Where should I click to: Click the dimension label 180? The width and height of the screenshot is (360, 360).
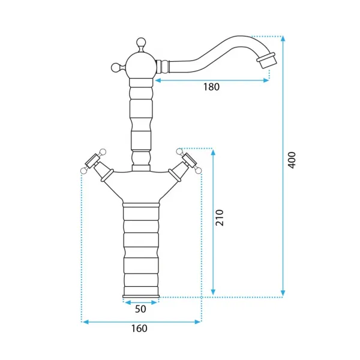pyautogui.click(x=211, y=87)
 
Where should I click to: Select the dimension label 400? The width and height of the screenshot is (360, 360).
pyautogui.click(x=292, y=160)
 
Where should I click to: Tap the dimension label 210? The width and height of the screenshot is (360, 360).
pyautogui.click(x=220, y=217)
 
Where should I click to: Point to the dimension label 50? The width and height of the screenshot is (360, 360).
pyautogui.click(x=140, y=309)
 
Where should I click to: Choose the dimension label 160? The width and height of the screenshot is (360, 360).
pyautogui.click(x=139, y=328)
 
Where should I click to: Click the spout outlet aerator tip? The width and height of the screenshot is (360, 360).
pyautogui.click(x=266, y=60)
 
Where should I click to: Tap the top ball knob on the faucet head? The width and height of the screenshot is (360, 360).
pyautogui.click(x=141, y=43)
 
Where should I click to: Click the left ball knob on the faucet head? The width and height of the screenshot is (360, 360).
pyautogui.click(x=116, y=68)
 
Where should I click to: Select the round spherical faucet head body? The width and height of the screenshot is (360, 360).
pyautogui.click(x=141, y=65)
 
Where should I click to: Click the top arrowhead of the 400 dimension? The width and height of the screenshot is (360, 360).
pyautogui.click(x=283, y=39)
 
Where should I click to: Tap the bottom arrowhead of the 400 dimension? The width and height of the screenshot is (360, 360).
pyautogui.click(x=283, y=293)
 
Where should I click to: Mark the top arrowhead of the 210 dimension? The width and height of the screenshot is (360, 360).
pyautogui.click(x=213, y=152)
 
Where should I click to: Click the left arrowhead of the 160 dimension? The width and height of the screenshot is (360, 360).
pyautogui.click(x=85, y=322)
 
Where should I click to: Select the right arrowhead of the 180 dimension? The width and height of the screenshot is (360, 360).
pyautogui.click(x=266, y=80)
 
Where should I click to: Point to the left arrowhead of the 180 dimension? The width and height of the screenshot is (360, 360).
pyautogui.click(x=158, y=80)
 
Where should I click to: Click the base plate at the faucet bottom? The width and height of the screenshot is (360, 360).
pyautogui.click(x=141, y=296)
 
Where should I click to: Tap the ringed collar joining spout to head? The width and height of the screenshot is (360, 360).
pyautogui.click(x=163, y=67)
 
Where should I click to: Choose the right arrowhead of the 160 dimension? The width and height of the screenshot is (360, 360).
pyautogui.click(x=197, y=322)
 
